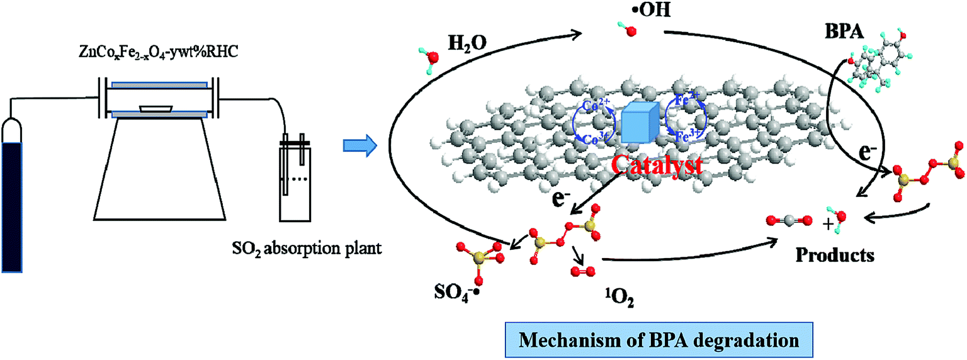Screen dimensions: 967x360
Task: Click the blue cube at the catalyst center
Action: tap(640, 123)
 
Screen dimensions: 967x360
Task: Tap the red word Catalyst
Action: tap(657, 165)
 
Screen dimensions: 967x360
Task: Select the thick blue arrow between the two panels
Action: tap(360, 145)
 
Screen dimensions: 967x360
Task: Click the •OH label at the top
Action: tap(651, 9)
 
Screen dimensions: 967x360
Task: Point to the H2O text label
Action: tap(468, 43)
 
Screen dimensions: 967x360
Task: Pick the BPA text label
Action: tap(844, 31)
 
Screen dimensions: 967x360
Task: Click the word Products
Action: tap(835, 255)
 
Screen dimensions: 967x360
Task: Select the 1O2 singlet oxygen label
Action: tap(619, 298)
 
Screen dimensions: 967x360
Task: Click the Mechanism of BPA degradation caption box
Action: tap(659, 340)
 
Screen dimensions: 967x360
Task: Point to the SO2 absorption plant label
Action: tap(307, 249)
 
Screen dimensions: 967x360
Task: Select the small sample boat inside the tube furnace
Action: tap(156, 109)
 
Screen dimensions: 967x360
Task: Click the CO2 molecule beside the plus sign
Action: tap(789, 221)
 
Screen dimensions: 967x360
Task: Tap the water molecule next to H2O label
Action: tap(429, 60)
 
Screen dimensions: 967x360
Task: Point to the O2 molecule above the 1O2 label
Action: tap(583, 271)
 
